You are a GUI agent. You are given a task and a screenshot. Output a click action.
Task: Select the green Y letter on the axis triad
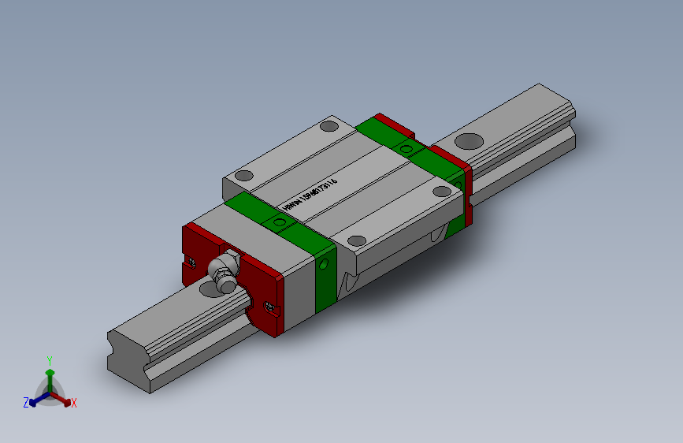coord(50,359)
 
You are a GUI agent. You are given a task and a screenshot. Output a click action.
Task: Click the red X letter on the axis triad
coord(74,403)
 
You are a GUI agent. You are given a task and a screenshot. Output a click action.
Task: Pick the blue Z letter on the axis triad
coord(26,402)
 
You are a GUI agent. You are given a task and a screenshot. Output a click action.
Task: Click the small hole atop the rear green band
coord(406,149)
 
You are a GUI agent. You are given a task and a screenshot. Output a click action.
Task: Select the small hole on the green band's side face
coord(321,264)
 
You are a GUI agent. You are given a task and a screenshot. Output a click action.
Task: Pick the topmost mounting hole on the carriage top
coord(328,125)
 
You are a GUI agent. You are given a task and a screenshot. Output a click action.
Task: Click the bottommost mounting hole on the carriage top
coord(357,240)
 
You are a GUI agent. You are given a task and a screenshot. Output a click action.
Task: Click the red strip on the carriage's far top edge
coord(394,125)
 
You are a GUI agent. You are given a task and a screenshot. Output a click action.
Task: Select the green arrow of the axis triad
coord(50,375)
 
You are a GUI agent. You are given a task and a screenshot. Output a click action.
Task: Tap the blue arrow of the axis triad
coord(35,399)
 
